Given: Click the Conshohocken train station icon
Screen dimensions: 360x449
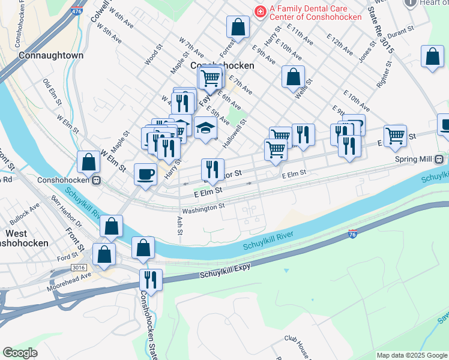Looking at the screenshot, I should (96, 179).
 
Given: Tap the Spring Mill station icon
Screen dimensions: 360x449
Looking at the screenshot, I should (439, 160).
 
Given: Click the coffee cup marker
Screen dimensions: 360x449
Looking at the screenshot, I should (145, 175).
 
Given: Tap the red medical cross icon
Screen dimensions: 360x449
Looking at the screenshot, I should (260, 10).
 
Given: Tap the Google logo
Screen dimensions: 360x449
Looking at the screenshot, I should (20, 352).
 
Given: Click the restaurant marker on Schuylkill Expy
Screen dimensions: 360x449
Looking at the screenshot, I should (151, 280).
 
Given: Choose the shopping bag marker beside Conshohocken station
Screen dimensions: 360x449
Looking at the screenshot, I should (88, 162).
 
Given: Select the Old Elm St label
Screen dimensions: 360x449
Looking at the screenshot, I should (52, 91).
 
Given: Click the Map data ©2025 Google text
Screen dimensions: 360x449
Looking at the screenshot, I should (412, 355).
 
